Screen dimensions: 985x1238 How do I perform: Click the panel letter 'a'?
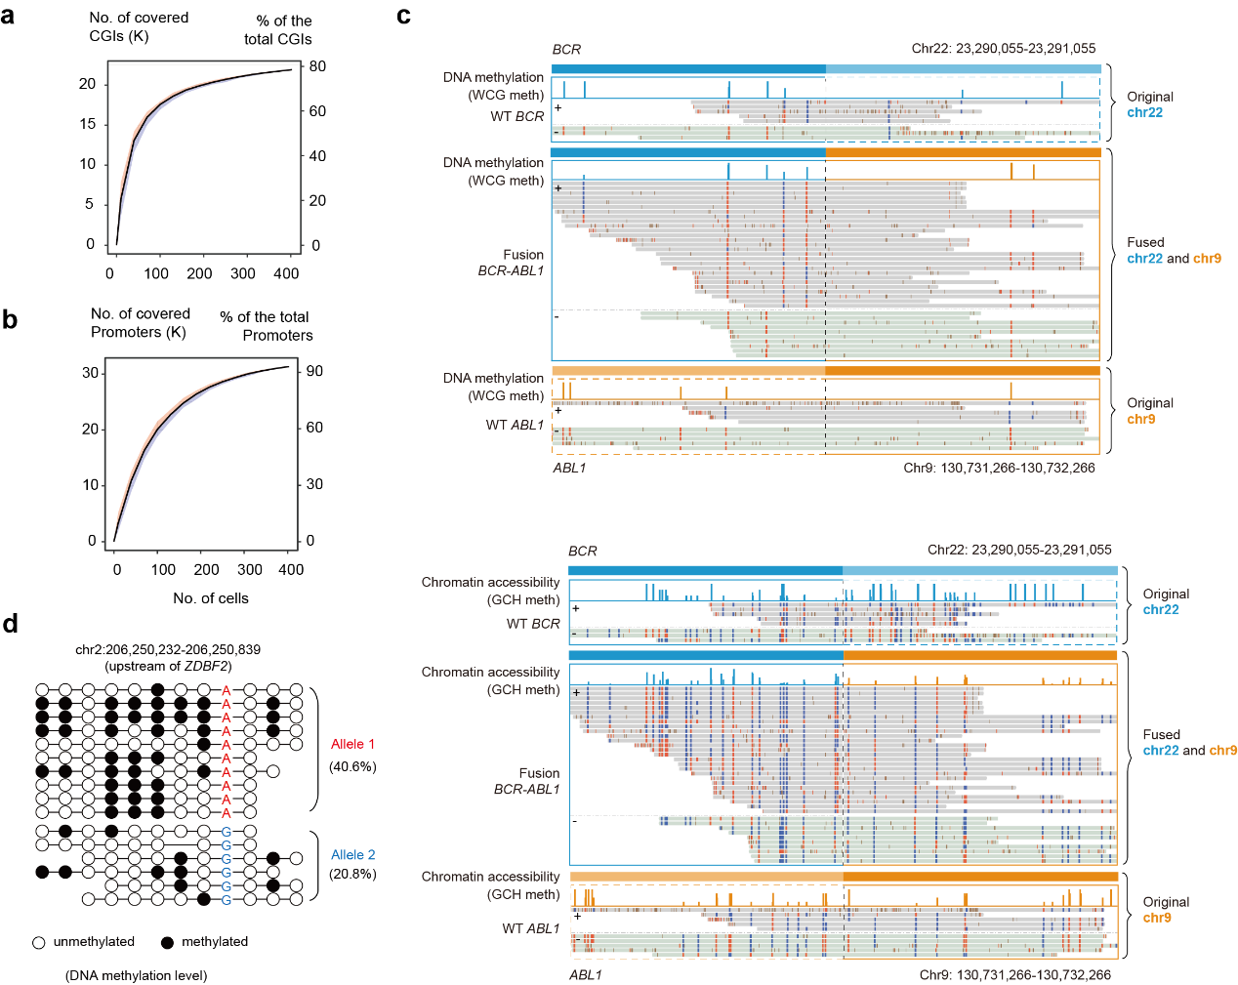tap(8, 17)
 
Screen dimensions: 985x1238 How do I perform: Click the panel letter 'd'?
tap(10, 623)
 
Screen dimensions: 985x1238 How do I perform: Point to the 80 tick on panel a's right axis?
tap(317, 66)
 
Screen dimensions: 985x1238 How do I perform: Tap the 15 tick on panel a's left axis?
tap(88, 124)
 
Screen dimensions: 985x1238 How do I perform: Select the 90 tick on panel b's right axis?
tap(314, 371)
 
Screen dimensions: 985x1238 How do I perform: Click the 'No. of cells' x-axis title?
tap(211, 598)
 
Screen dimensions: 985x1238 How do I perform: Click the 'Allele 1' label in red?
tap(352, 744)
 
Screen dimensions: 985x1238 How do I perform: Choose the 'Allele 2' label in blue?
tap(352, 854)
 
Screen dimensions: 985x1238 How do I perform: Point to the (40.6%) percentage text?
tap(352, 766)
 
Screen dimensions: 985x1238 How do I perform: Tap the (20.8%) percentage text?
tap(352, 874)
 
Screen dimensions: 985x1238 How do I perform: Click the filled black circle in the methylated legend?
tap(167, 942)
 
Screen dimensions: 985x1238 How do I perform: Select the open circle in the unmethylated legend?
tap(39, 943)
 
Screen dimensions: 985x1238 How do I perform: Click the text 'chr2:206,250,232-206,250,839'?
tap(168, 649)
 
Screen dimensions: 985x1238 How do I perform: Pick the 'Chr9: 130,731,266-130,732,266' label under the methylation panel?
tap(999, 468)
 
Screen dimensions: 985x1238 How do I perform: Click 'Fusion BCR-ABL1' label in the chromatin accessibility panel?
tap(526, 781)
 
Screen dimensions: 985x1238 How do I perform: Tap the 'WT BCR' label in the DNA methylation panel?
tap(516, 116)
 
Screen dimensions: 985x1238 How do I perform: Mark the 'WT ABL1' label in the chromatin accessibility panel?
tap(531, 928)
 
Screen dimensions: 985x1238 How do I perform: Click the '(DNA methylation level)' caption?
tap(137, 975)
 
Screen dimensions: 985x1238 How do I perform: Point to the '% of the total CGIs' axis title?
tap(279, 30)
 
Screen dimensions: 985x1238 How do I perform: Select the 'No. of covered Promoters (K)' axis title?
tap(140, 323)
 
